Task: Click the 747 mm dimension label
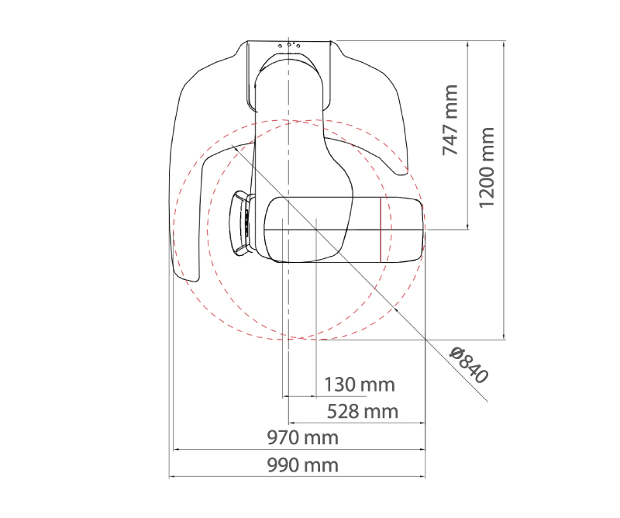pos(450,120)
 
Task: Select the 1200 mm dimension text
pos(487,167)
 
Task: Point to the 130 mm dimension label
pos(359,385)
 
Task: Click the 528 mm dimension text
pos(362,412)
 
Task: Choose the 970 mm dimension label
pos(302,438)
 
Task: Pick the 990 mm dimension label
pos(302,465)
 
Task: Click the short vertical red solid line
pos(381,230)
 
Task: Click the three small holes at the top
pos(289,45)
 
